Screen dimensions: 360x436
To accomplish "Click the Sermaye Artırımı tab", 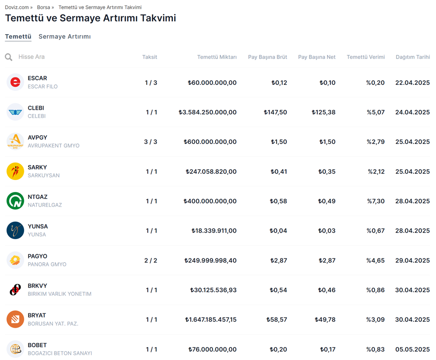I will (x=65, y=36).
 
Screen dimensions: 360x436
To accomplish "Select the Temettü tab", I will (x=18, y=36).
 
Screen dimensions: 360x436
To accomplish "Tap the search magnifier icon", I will (x=9, y=57).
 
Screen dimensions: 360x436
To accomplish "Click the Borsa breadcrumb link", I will (x=43, y=7).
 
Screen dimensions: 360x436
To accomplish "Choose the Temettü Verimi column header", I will (x=365, y=57).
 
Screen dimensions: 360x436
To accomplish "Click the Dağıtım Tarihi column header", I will (x=412, y=57).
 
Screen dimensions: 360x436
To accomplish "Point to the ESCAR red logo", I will (x=15, y=82).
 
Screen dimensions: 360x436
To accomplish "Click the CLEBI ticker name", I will (x=36, y=108).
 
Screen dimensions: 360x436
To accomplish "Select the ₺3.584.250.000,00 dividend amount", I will (x=207, y=112).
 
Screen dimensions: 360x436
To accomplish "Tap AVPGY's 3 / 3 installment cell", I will (x=151, y=142).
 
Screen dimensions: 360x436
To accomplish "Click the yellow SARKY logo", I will (x=15, y=171).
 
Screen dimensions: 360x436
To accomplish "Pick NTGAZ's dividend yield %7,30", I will (x=375, y=201).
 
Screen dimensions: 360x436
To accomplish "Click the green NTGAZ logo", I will (x=15, y=201).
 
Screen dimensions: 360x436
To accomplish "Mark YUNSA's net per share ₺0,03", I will (x=327, y=231).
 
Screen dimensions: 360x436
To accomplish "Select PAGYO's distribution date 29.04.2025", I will (x=412, y=260).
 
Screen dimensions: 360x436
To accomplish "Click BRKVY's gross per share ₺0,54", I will (x=279, y=290).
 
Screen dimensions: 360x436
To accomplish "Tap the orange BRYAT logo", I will (x=15, y=319).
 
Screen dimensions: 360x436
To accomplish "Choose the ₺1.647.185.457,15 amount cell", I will (x=211, y=319).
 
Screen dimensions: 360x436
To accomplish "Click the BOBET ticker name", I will (x=37, y=345).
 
